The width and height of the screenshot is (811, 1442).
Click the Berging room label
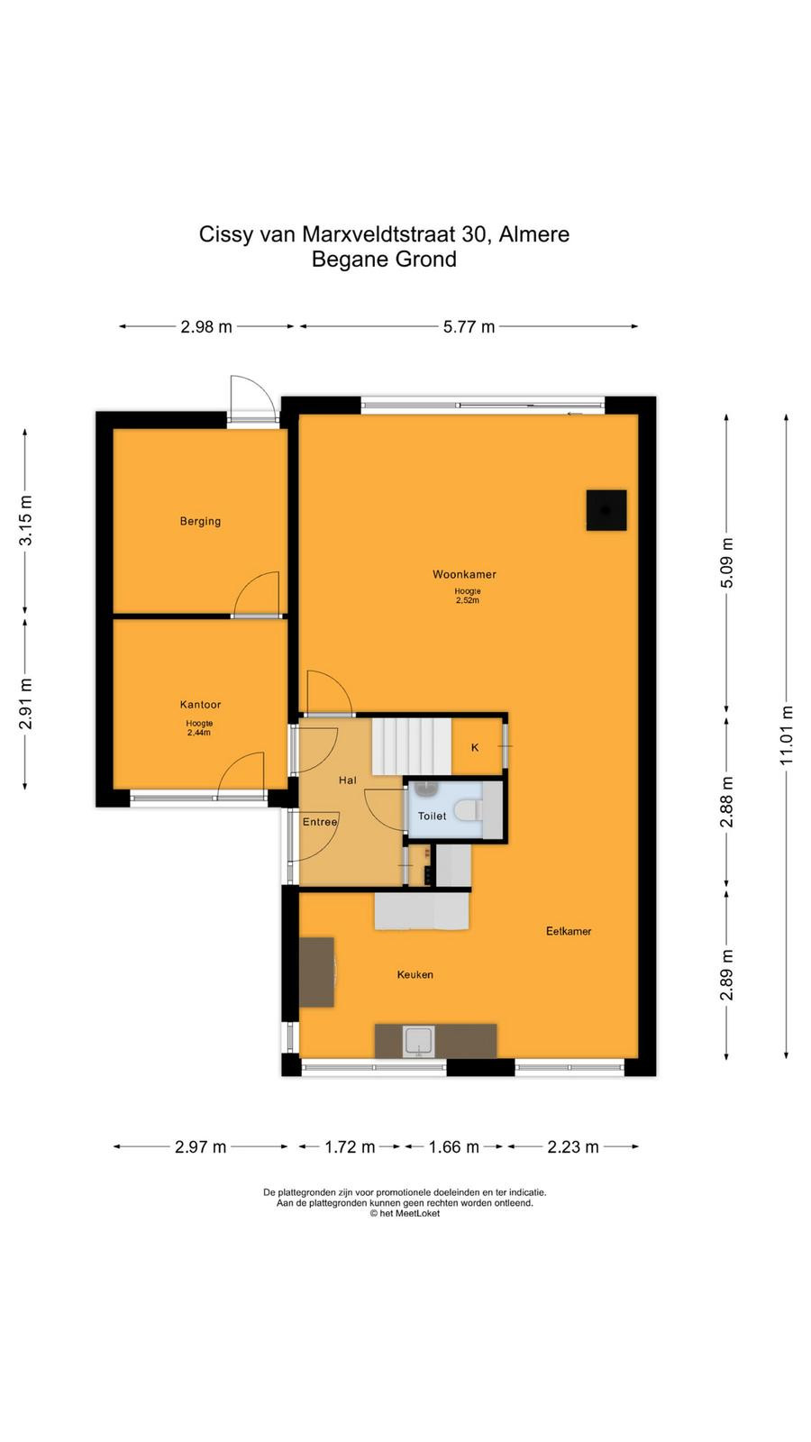click(200, 522)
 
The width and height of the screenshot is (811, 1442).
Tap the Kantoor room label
click(200, 705)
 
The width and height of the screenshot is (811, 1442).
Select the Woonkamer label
click(464, 574)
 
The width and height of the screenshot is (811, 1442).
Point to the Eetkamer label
click(569, 931)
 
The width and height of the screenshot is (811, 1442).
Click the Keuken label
click(415, 974)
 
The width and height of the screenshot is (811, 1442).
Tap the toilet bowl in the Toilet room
click(468, 810)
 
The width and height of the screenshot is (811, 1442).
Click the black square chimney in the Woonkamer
click(606, 510)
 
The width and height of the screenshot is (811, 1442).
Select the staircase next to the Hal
click(411, 747)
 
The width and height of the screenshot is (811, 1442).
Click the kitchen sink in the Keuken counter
click(419, 1042)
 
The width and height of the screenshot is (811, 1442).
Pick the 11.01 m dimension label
click(787, 735)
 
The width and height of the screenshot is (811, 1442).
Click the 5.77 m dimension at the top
click(469, 327)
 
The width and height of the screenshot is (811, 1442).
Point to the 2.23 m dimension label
click(573, 1146)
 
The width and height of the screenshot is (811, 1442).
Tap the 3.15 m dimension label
click(26, 520)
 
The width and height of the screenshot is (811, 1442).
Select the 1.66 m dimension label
click(454, 1146)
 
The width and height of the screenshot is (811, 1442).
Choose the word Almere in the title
click(534, 234)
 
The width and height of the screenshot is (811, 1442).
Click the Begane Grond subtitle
click(384, 260)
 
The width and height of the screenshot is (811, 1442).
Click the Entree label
click(320, 822)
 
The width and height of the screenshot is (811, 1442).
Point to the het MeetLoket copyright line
click(405, 1213)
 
